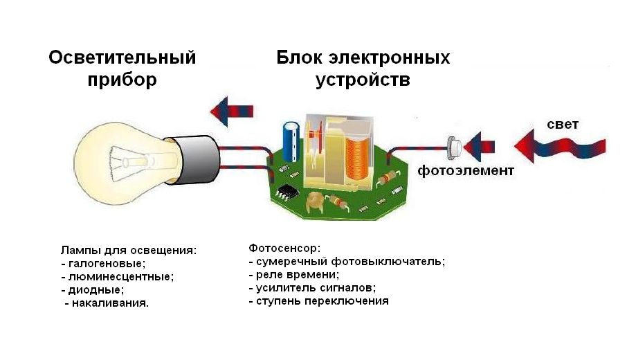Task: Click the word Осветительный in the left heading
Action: coord(122,57)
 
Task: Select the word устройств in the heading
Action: coord(363,80)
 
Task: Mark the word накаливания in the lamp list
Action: coord(110,303)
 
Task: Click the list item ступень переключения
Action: coord(322,301)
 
